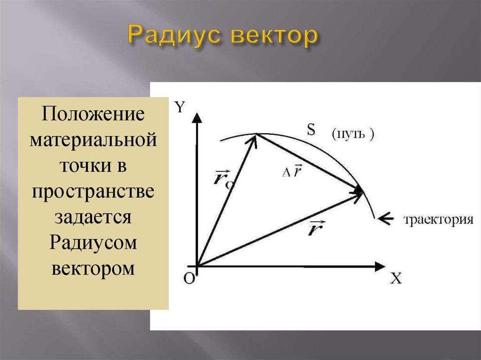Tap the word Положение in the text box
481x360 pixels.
coord(93,114)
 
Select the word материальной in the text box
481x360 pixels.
coord(93,139)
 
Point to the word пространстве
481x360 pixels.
coord(93,191)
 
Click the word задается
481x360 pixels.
coord(93,217)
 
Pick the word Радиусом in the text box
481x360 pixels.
coord(93,243)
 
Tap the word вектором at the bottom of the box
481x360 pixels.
coord(93,268)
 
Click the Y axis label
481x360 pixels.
coord(180,107)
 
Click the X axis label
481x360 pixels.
coord(396,278)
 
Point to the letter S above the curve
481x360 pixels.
coord(311,130)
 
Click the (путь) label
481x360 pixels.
coord(353,134)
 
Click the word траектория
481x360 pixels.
coord(438,220)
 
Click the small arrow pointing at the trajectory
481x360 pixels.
coord(386,218)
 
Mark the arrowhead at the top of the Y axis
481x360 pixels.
coord(197,118)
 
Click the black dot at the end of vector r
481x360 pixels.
coord(358,191)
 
